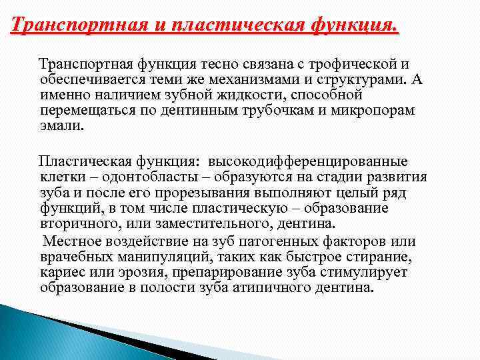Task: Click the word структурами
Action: pyautogui.click(x=365, y=80)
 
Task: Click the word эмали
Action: pyautogui.click(x=61, y=125)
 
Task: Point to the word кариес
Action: pyautogui.click(x=60, y=271)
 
